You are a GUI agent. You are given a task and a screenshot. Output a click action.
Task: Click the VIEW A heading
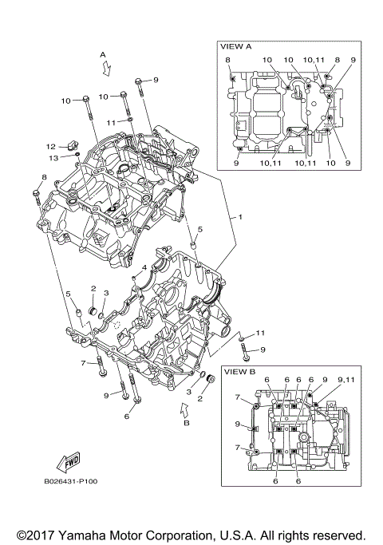(235, 47)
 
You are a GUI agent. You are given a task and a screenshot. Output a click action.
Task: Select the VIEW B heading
(239, 372)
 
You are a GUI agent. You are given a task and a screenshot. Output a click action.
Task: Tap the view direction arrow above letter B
(185, 410)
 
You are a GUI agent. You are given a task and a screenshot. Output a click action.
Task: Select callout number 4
(144, 267)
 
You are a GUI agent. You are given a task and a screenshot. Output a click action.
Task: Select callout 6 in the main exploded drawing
(126, 416)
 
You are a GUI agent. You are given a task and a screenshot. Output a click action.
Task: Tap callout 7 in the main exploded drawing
(82, 363)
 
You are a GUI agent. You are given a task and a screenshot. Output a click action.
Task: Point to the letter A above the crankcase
(102, 54)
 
